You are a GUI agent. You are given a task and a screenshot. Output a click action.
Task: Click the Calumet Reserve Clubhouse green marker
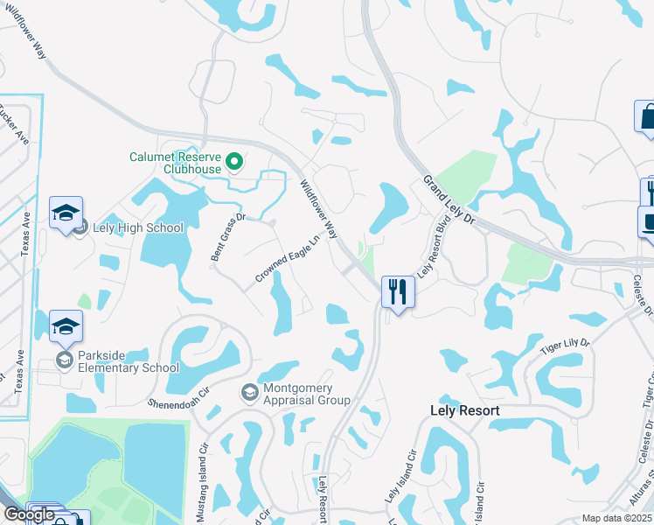click(x=234, y=162)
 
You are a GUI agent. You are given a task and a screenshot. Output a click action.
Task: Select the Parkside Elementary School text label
click(x=128, y=361)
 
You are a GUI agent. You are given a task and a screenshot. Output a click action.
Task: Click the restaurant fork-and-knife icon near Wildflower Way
click(x=398, y=292)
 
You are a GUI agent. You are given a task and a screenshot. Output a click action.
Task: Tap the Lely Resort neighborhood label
click(x=465, y=410)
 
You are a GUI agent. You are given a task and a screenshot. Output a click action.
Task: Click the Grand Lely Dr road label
click(x=448, y=199)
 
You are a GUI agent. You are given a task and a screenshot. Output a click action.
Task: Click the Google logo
click(x=29, y=514)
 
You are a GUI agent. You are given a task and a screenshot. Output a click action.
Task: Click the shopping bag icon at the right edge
click(x=647, y=117)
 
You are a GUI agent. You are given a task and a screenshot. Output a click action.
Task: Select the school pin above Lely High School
click(x=66, y=213)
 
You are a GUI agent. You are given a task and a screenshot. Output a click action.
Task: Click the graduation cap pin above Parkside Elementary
click(x=66, y=328)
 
